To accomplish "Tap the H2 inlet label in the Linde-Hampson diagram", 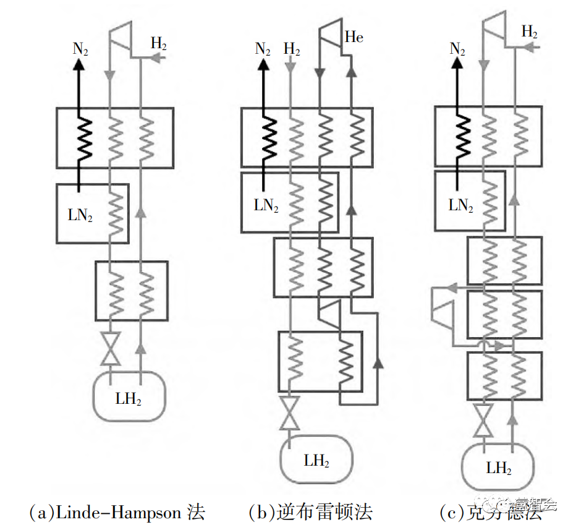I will [x=159, y=44].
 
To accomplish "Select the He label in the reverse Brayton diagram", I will [x=354, y=38].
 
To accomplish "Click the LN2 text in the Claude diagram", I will [x=460, y=205].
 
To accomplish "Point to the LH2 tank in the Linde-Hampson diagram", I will [x=129, y=398].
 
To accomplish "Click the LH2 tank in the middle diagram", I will [x=316, y=460].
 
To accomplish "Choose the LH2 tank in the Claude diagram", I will [x=499, y=468].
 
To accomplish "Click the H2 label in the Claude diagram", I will [x=529, y=32].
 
